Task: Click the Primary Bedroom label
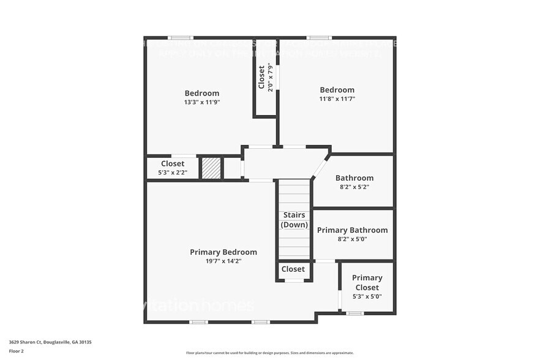[x=223, y=252]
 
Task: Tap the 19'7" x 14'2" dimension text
[x=223, y=261]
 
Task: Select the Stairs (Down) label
[x=293, y=220]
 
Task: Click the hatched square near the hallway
[x=211, y=168]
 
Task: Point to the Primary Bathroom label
[x=352, y=230]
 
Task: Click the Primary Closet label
[x=367, y=282]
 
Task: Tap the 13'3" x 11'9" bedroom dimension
[x=201, y=102]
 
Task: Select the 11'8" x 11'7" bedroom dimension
[x=337, y=99]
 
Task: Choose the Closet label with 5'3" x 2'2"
[x=173, y=163]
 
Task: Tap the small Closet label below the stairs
[x=293, y=269]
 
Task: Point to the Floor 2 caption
[x=17, y=351]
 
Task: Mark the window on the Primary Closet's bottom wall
[x=354, y=313]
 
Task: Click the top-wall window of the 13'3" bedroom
[x=177, y=38]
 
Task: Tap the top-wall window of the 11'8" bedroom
[x=315, y=38]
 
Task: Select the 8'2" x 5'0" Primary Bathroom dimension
[x=352, y=239]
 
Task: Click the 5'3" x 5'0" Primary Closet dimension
[x=367, y=296]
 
